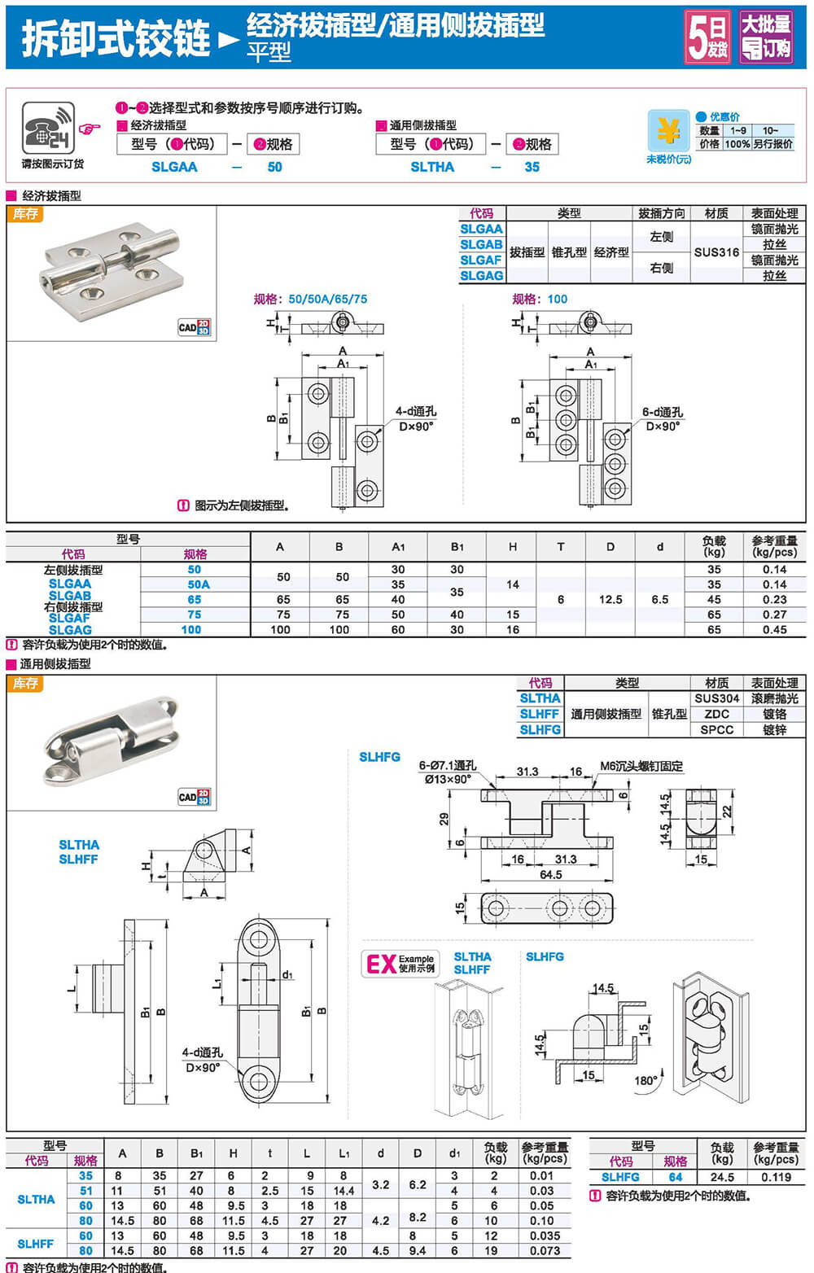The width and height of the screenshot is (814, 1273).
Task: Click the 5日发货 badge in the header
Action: click(707, 37)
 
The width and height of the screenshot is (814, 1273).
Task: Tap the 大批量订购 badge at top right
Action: click(765, 37)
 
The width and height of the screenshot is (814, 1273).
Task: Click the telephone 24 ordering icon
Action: click(48, 128)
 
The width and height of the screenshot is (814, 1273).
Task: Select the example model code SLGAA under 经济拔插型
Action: click(174, 167)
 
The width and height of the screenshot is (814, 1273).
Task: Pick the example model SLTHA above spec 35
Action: click(432, 167)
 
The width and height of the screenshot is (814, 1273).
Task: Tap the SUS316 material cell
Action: click(716, 252)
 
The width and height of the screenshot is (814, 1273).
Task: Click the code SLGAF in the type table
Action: click(481, 260)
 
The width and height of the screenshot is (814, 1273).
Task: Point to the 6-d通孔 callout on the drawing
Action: click(662, 412)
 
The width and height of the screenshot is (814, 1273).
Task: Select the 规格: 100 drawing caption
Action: click(540, 299)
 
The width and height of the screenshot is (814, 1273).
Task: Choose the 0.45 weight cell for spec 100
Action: click(774, 629)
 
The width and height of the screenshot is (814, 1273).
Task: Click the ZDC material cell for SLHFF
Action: click(716, 714)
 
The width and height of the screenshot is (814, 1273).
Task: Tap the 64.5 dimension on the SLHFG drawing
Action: click(550, 874)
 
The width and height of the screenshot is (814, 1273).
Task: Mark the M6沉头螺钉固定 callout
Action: click(641, 766)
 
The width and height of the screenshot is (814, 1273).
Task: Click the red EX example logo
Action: click(381, 964)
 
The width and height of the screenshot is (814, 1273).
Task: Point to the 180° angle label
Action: click(646, 1080)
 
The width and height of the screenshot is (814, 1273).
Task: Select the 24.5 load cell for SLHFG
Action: click(722, 1177)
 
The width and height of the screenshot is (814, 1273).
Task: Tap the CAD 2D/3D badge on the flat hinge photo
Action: click(195, 327)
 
